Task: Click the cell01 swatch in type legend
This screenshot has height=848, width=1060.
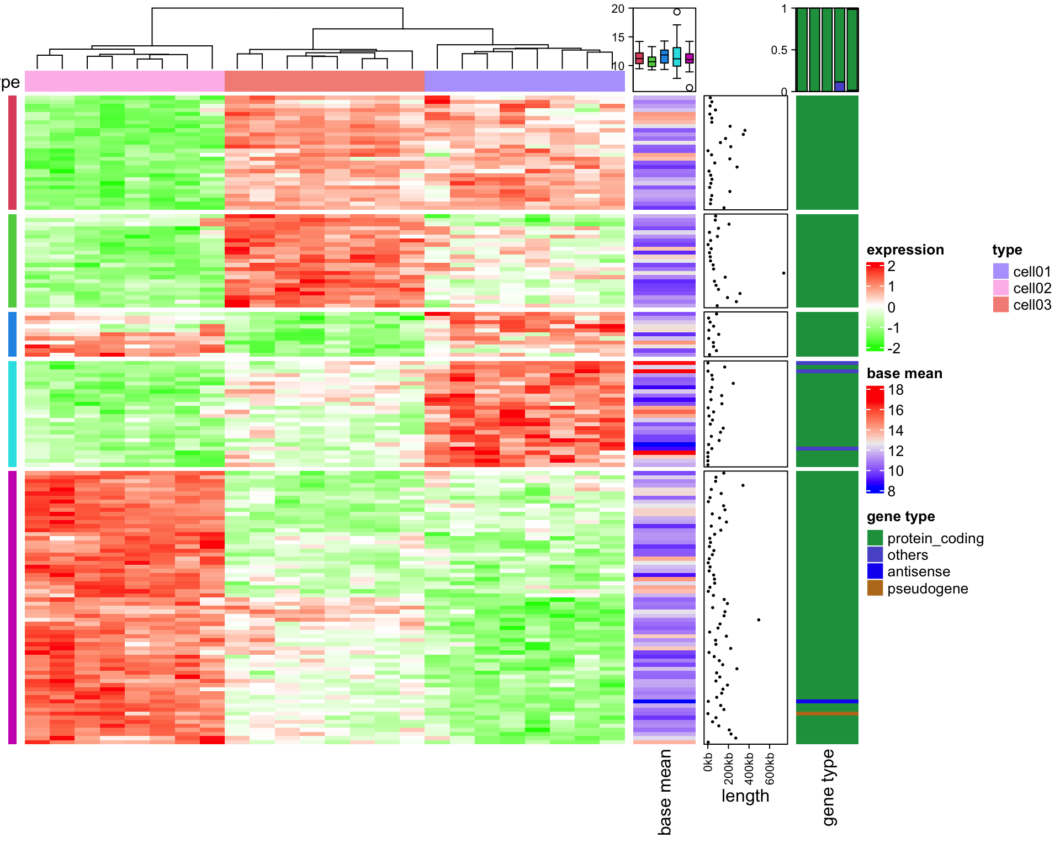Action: (1000, 271)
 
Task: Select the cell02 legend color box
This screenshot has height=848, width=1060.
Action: (1000, 288)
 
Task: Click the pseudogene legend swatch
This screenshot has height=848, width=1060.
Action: (875, 588)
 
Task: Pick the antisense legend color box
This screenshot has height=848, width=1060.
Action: (875, 571)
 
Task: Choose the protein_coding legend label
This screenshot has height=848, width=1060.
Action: (935, 538)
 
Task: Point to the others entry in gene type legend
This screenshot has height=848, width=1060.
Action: (908, 555)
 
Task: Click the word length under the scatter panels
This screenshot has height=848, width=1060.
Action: (745, 796)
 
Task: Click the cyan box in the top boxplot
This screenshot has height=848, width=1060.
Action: (677, 57)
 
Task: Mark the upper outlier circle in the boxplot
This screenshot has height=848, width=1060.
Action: (677, 12)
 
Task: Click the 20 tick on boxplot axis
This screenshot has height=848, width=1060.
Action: (618, 9)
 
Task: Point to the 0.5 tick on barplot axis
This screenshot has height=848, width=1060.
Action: (779, 50)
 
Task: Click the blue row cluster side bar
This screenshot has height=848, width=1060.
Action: (12, 334)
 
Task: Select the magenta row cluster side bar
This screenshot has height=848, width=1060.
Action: (12, 607)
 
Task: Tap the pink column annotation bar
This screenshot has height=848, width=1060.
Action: (125, 81)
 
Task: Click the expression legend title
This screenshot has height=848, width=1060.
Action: (905, 250)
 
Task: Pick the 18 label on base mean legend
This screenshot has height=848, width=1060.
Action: (895, 390)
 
